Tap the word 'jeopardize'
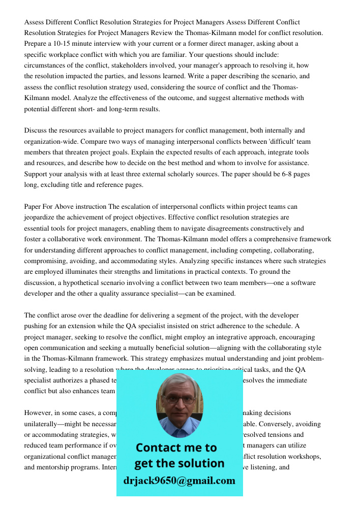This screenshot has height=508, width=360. [41, 217]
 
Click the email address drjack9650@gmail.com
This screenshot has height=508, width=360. [179, 481]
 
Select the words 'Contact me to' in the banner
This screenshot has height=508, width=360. [176, 448]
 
